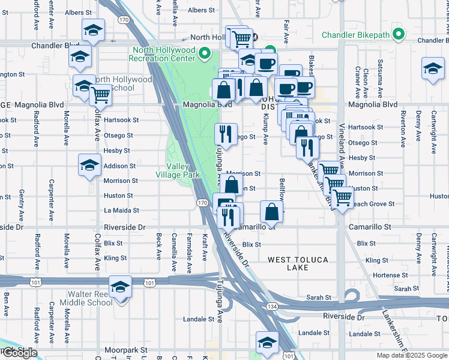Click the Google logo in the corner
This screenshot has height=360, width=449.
20,353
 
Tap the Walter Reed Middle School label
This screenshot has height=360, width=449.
90,298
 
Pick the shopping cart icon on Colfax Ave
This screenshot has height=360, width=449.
100,94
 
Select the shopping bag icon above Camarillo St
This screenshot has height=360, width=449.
271,211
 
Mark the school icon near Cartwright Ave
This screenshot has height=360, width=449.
432,68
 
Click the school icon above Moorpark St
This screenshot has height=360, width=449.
267,343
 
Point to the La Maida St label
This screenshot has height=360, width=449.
121,211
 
